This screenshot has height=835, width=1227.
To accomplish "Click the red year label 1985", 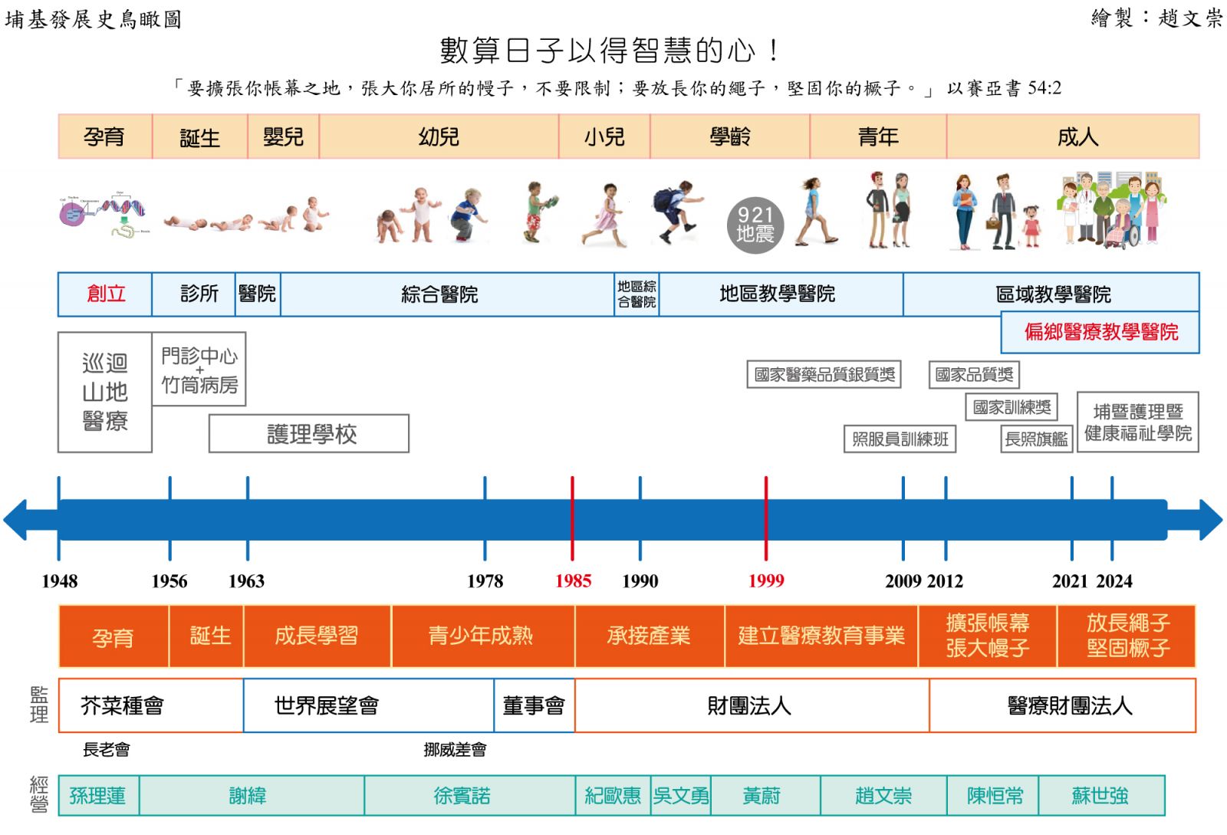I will click(x=573, y=581).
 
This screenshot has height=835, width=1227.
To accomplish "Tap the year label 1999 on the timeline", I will click(x=766, y=581).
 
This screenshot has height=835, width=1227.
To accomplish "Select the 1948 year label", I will click(x=60, y=581).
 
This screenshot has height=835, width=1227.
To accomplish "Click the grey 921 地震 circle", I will click(x=755, y=225).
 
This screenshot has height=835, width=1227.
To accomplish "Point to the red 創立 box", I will click(x=106, y=294).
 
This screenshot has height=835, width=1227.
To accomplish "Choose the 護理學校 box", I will click(x=309, y=434).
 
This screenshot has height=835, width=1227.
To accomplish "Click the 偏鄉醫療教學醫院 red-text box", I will click(x=1100, y=332).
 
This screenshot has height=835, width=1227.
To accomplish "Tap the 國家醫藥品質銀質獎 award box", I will click(x=824, y=374).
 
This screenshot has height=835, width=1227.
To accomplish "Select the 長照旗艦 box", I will click(x=1036, y=439).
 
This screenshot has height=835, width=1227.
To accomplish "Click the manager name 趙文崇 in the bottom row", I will click(x=883, y=796).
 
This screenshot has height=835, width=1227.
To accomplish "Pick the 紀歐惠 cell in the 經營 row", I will click(x=613, y=796).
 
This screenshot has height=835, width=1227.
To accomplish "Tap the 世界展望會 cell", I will click(x=327, y=705).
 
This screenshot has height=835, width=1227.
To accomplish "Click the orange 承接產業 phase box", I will click(x=649, y=636).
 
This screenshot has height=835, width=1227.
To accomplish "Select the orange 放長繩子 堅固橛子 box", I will click(x=1127, y=636).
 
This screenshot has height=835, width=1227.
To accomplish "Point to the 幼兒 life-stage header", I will click(x=439, y=136).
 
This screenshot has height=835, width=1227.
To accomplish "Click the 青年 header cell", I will click(x=878, y=136).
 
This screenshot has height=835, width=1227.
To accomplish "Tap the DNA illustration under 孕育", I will click(x=104, y=214).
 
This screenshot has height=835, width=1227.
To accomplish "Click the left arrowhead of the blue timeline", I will click(x=17, y=520).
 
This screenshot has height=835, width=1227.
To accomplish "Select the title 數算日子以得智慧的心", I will click(x=610, y=51).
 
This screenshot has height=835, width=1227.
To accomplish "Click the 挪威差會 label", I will click(x=455, y=749).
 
